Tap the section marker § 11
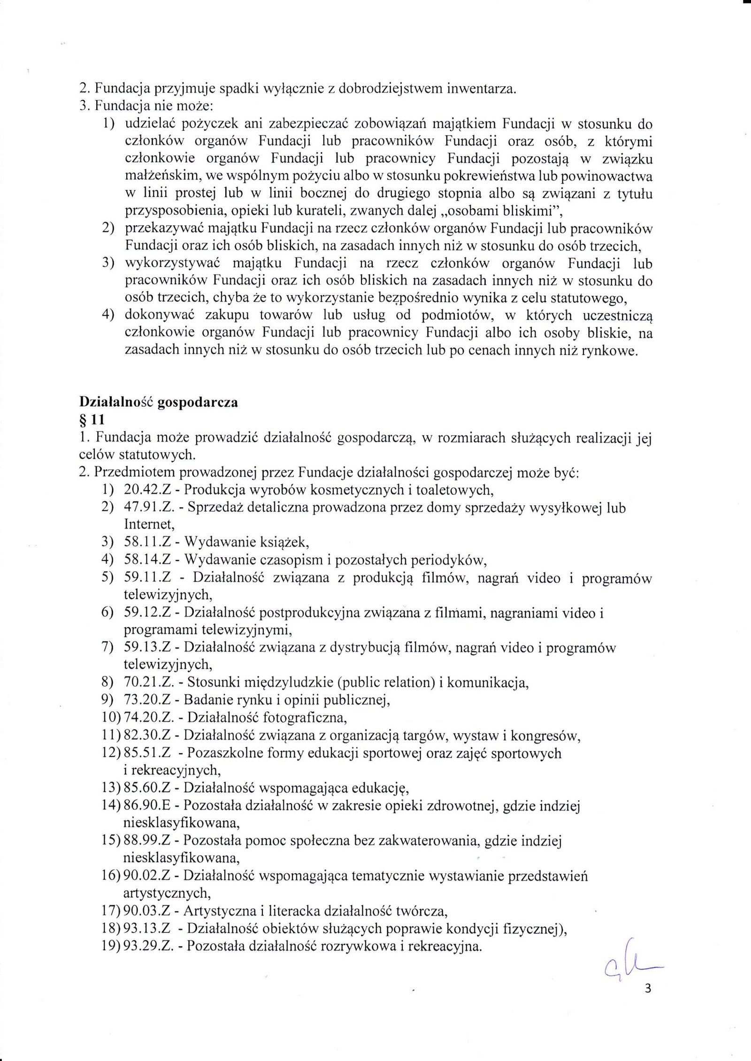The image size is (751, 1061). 92,421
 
